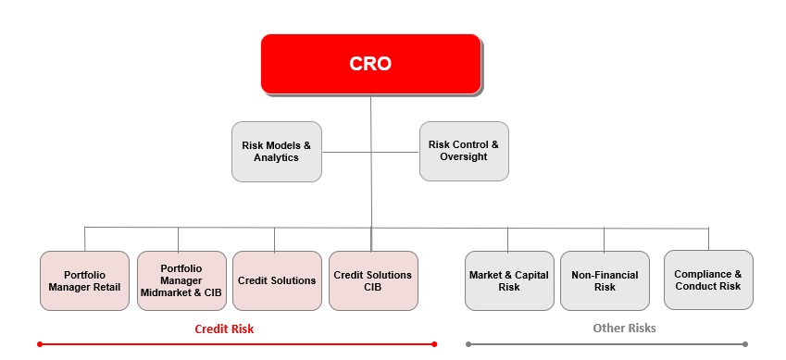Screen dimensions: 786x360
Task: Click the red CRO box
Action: [371, 64]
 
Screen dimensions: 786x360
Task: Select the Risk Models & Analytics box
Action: [277, 152]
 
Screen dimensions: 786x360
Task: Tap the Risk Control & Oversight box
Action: [464, 151]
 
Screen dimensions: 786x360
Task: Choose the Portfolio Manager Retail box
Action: [85, 280]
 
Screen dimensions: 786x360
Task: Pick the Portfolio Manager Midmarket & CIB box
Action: [182, 280]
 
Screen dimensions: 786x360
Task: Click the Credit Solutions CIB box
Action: [373, 280]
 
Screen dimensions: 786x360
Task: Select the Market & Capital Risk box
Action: [509, 280]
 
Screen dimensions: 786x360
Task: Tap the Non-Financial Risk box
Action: [605, 280]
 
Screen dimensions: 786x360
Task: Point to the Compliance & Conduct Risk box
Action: [708, 279]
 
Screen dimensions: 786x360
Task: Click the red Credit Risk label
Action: [224, 329]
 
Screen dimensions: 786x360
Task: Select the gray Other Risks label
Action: [624, 328]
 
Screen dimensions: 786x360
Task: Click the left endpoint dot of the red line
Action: [40, 344]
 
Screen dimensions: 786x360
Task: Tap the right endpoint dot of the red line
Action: [434, 344]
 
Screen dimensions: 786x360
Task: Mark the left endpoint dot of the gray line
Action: [468, 344]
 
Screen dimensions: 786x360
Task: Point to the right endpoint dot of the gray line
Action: [745, 344]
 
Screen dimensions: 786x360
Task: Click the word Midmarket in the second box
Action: [164, 292]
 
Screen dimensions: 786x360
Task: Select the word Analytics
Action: [276, 157]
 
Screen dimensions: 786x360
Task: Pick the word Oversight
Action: [464, 156]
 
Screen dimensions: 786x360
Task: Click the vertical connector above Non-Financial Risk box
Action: [604, 240]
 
